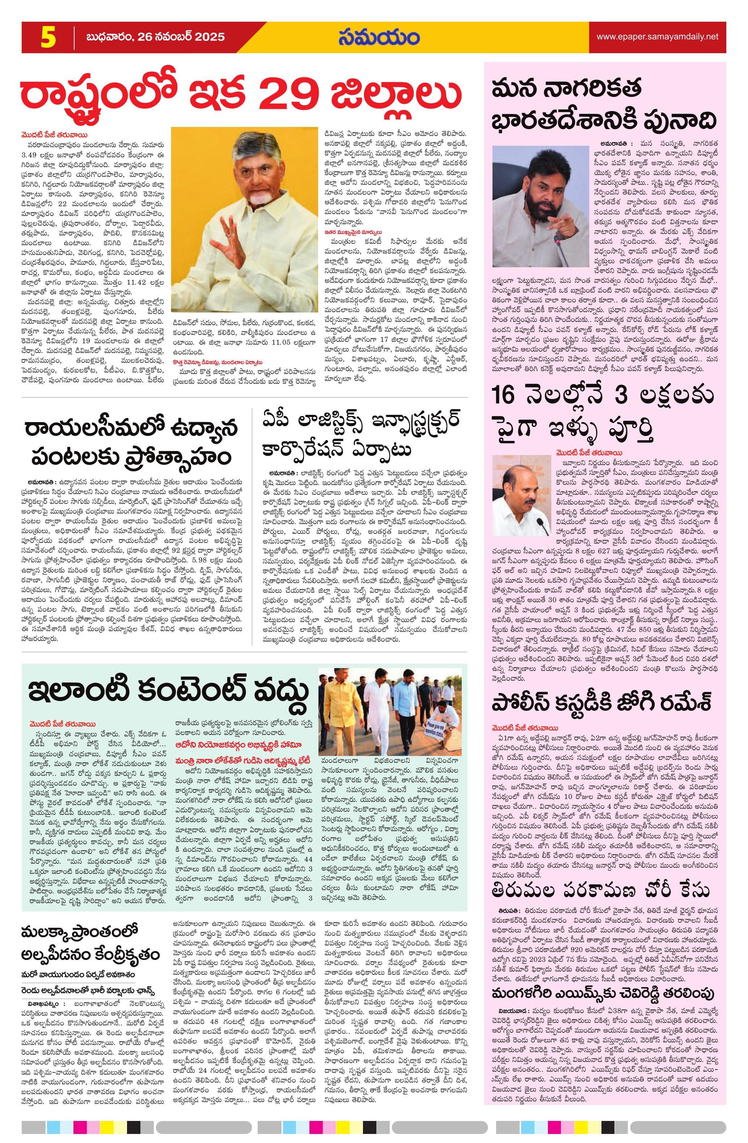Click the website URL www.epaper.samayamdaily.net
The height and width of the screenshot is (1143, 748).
(x=657, y=37)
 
